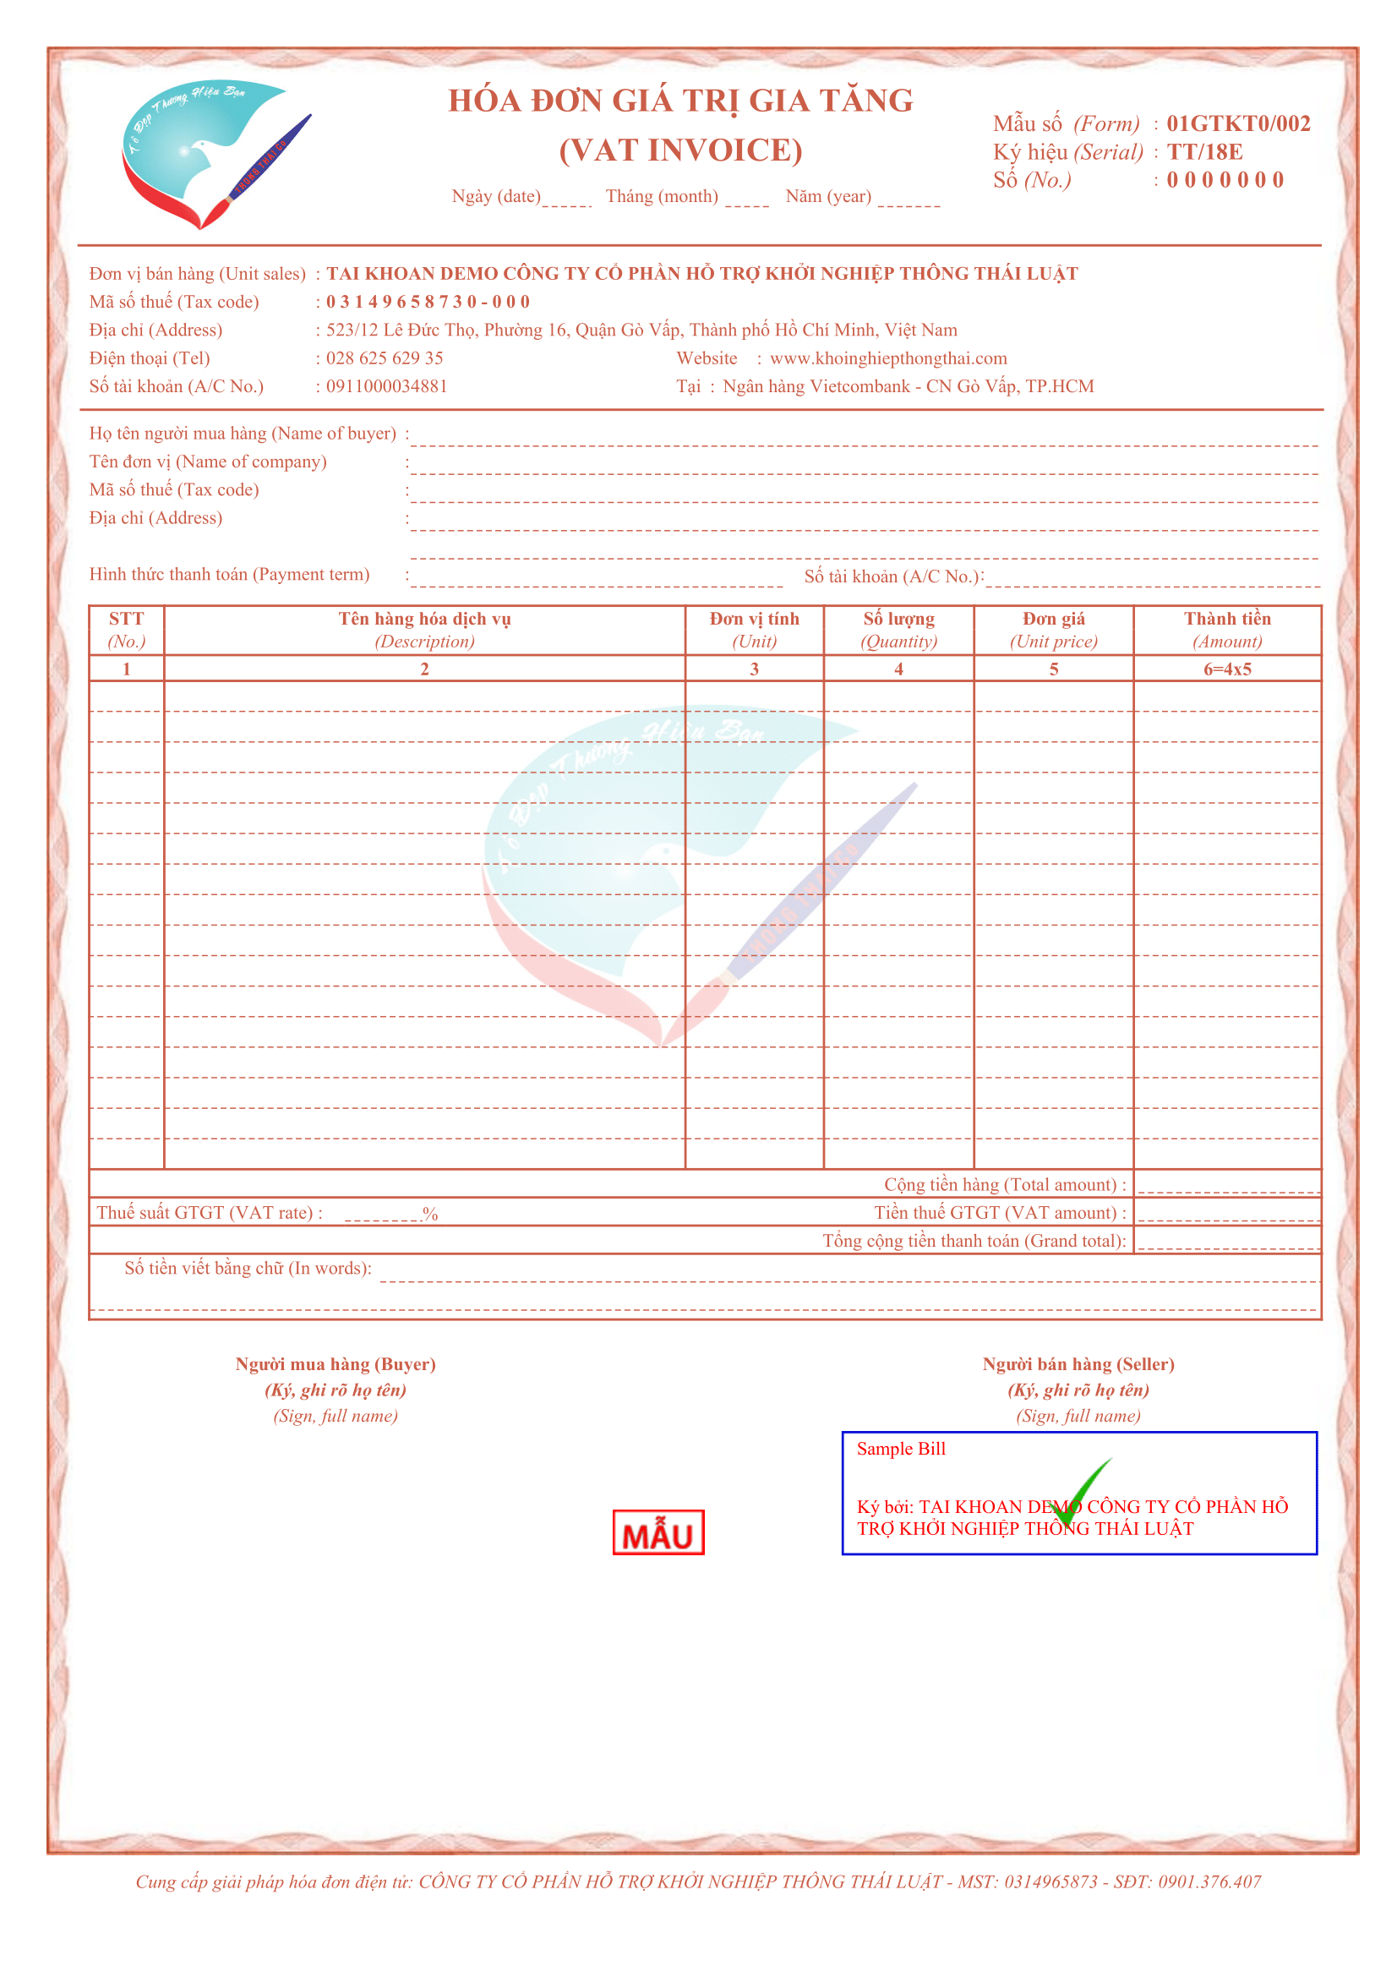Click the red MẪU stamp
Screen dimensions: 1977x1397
pos(658,1532)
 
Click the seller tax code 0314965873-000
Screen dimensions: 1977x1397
pos(428,303)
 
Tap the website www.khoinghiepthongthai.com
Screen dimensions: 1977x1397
pos(887,358)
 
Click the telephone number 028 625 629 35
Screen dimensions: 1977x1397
pos(384,358)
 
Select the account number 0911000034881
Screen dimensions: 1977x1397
pos(386,386)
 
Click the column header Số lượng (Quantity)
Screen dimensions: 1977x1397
pos(898,630)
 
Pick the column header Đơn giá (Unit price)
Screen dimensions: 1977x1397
pos(1053,630)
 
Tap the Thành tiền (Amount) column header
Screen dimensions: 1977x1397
pos(1226,630)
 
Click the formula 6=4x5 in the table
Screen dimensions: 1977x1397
pos(1226,669)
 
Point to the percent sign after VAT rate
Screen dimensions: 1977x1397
pos(430,1214)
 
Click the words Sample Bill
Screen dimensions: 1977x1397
pos(900,1449)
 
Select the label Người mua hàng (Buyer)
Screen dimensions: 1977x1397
pos(336,1364)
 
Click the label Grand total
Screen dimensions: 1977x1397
pos(974,1241)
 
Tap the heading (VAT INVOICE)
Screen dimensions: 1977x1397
pos(680,150)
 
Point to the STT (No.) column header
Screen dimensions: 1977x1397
pos(127,630)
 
